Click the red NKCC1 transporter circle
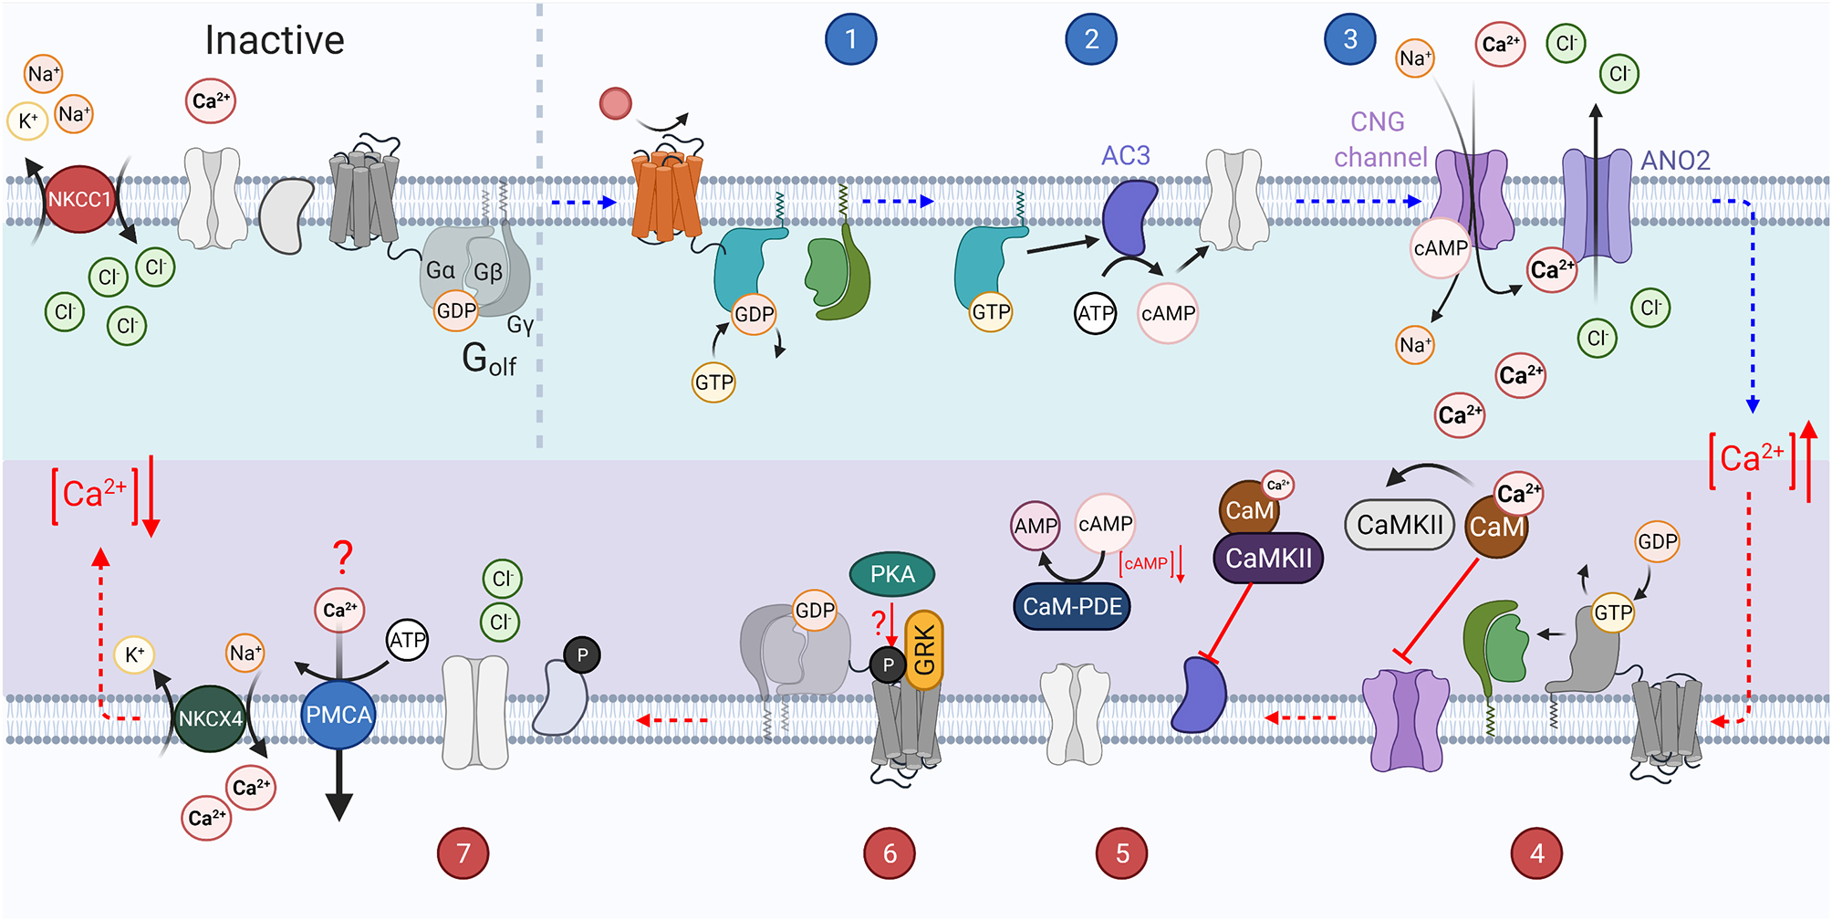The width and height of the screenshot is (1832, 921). click(79, 199)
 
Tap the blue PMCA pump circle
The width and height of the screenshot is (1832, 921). click(338, 715)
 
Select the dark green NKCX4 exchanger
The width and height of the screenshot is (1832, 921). click(210, 718)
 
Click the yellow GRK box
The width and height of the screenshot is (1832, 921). click(924, 650)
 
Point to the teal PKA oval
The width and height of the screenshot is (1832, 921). click(891, 574)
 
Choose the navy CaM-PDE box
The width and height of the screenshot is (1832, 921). click(1072, 606)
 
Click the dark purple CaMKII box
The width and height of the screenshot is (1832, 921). click(1268, 558)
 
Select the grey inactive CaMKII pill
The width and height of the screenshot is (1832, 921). click(1400, 525)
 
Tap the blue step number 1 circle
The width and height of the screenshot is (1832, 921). click(850, 39)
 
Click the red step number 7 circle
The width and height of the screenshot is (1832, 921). click(463, 853)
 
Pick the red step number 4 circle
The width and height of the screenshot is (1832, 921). click(1537, 853)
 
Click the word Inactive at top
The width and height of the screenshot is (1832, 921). click(275, 40)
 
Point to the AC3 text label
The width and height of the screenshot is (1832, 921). click(1125, 156)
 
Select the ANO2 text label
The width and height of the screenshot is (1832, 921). click(1675, 161)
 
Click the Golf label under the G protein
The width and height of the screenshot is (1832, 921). click(488, 360)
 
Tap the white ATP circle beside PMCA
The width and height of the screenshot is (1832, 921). click(407, 640)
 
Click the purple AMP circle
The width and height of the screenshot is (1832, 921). click(1036, 526)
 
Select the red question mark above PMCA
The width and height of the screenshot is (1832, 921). click(342, 555)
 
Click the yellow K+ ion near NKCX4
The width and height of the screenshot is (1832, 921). click(134, 654)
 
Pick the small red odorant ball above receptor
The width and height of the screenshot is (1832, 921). click(616, 103)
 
